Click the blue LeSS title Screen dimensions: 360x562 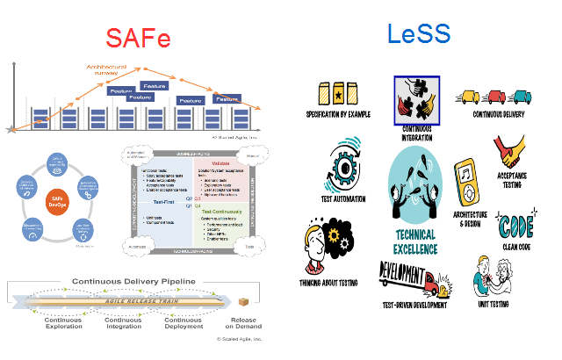click(419, 34)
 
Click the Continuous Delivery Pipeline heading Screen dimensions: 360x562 click(133, 282)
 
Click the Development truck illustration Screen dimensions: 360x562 click(414, 279)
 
